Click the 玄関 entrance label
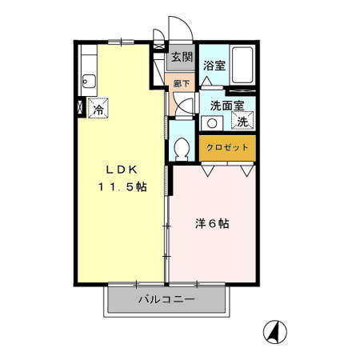[x=182, y=57]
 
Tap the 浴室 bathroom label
[x=213, y=66]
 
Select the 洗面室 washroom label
[x=227, y=105]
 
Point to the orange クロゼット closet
[x=227, y=148]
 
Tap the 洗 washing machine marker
[x=241, y=122]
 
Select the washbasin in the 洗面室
[x=212, y=123]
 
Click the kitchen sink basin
[x=88, y=80]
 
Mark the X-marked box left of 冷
[x=80, y=105]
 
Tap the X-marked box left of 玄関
[x=158, y=58]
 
